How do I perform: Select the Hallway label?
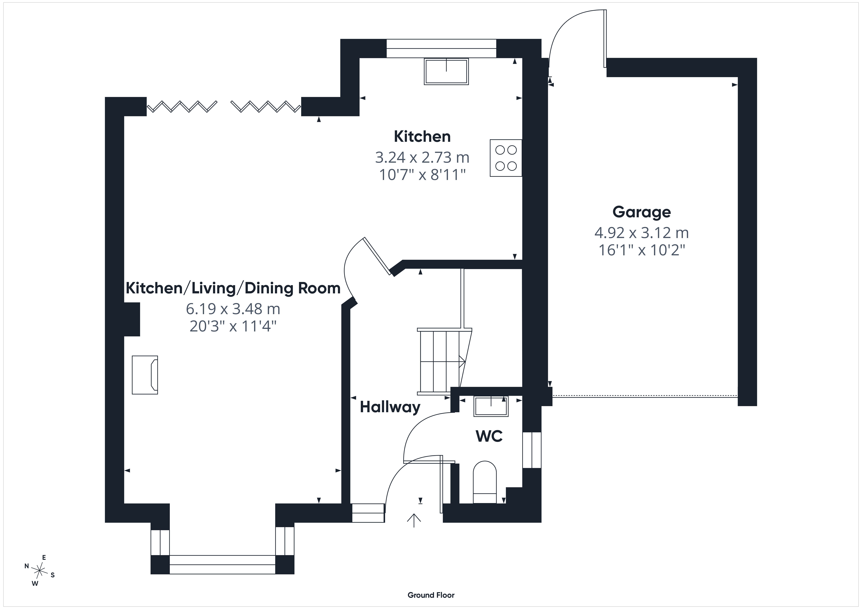pyautogui.click(x=390, y=407)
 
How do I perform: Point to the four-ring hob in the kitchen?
pyautogui.click(x=506, y=158)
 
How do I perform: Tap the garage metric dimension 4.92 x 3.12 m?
pyautogui.click(x=642, y=233)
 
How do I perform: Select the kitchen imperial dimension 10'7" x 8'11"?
pyautogui.click(x=422, y=175)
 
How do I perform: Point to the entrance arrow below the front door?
pyautogui.click(x=414, y=520)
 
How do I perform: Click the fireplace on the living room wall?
pyautogui.click(x=145, y=375)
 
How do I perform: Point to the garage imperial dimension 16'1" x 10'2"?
pyautogui.click(x=642, y=250)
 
